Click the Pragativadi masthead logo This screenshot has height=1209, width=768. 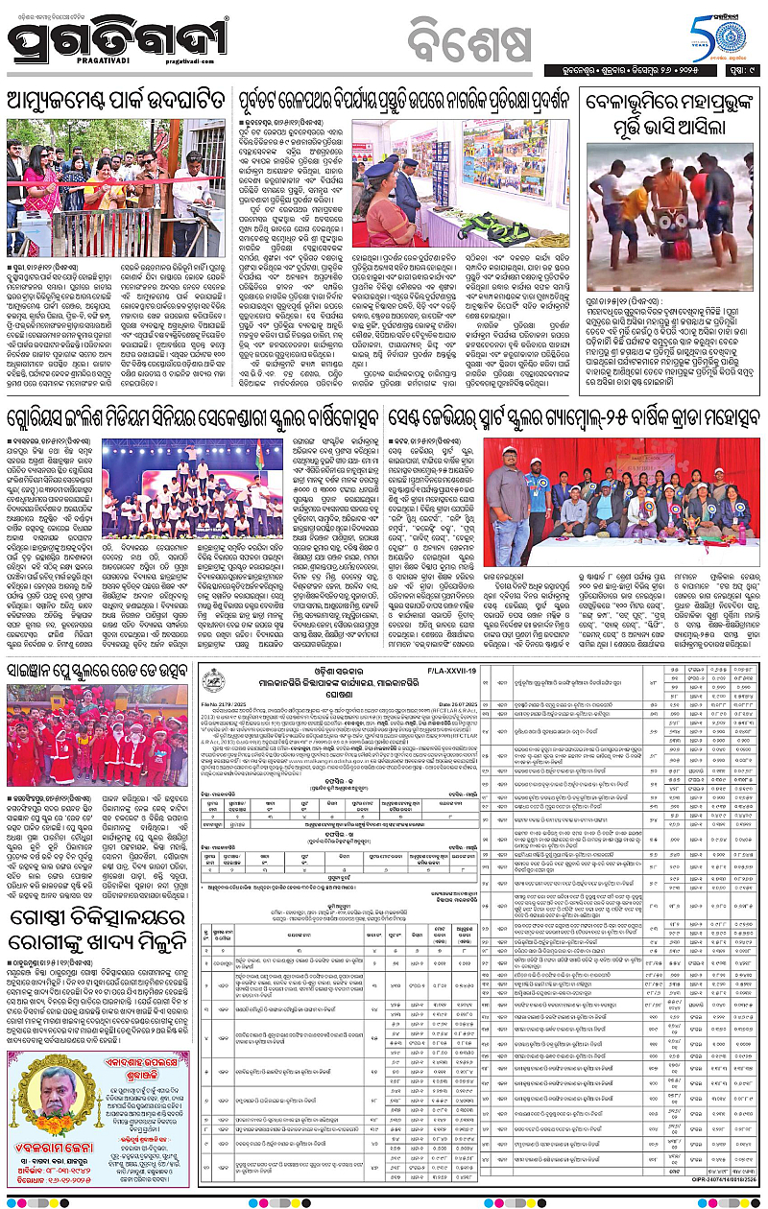click(x=120, y=40)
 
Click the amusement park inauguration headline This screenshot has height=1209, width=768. click(x=119, y=100)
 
